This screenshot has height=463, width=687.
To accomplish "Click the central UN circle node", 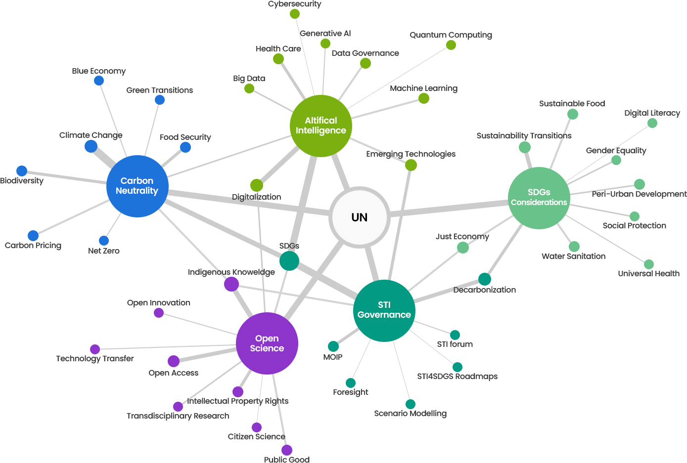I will (x=360, y=217).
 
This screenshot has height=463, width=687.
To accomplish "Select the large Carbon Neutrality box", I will (x=137, y=186).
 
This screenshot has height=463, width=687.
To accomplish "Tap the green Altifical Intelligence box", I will (x=321, y=126).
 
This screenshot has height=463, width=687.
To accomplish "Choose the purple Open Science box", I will (x=267, y=343).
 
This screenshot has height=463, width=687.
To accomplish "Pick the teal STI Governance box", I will (x=384, y=310).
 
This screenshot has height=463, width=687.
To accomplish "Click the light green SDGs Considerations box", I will (x=539, y=198).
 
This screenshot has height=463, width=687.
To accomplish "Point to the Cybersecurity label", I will (x=294, y=4).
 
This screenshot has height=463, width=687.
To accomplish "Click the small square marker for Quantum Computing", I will (x=451, y=45).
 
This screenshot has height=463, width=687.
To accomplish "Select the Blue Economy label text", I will (x=99, y=71).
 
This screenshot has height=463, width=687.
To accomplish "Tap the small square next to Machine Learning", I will (x=424, y=99).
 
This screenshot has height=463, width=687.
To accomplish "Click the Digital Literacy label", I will (x=652, y=113).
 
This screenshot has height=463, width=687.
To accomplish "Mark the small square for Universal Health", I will (x=648, y=264).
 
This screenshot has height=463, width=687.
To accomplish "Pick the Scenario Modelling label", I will (x=411, y=414).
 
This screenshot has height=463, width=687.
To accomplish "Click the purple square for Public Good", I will (x=286, y=450).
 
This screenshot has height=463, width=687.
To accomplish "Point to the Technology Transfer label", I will (x=94, y=359).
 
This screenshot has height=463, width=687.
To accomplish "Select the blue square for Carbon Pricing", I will (x=33, y=235).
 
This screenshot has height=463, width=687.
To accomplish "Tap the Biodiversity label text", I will (x=22, y=181).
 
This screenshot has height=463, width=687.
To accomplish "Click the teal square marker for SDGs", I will (x=289, y=260).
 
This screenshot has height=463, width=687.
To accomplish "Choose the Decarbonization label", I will (x=484, y=290).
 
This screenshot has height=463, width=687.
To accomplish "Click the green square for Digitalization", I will (x=256, y=185).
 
